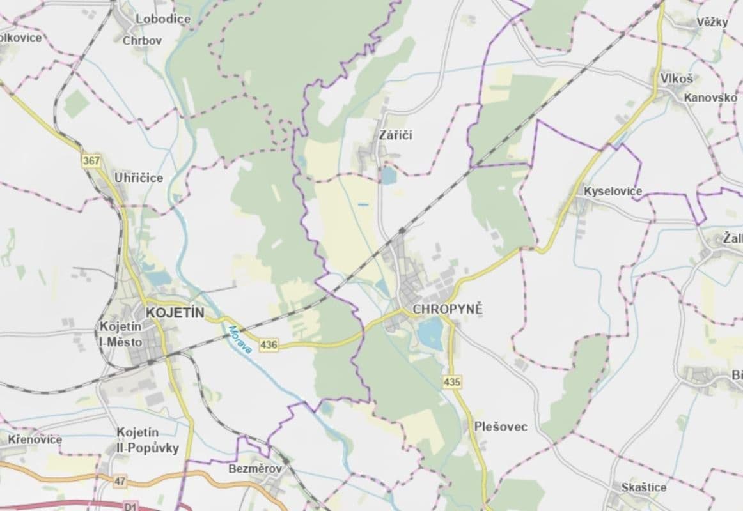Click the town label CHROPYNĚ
click(x=448, y=309)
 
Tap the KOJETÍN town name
click(x=175, y=313)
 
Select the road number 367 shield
click(x=91, y=161)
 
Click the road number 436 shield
click(x=270, y=345)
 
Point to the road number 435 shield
click(x=451, y=382)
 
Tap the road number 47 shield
click(x=120, y=480)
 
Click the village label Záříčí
click(x=396, y=135)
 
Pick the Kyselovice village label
click(x=613, y=192)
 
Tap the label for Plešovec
click(x=501, y=427)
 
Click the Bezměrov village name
click(x=254, y=469)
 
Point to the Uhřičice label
click(x=138, y=178)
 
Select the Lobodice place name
click(x=162, y=19)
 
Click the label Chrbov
click(x=142, y=40)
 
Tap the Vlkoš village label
click(x=677, y=79)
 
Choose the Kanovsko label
click(x=710, y=98)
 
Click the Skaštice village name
click(x=643, y=487)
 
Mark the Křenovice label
click(x=35, y=439)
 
